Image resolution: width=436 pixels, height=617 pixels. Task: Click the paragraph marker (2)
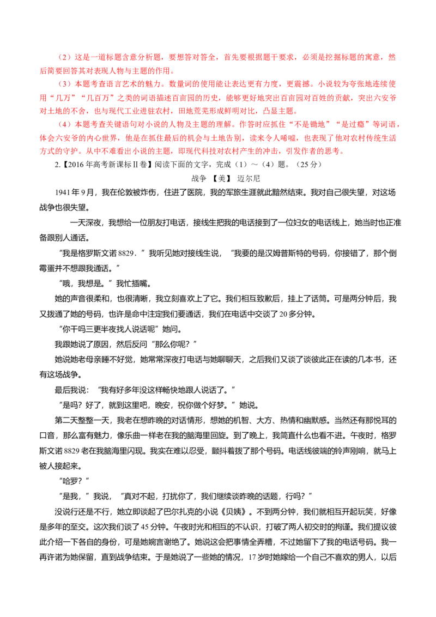point(64,57)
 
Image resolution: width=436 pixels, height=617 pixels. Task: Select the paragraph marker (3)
point(64,84)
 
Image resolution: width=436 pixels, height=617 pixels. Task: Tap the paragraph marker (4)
point(64,124)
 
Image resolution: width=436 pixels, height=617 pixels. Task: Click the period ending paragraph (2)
point(173,70)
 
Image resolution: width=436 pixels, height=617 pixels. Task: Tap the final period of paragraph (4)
point(343,152)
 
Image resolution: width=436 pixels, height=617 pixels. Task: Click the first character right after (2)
point(78,57)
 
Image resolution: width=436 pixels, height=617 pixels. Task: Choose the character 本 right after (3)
point(78,84)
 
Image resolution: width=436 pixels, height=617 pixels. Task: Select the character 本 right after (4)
point(78,124)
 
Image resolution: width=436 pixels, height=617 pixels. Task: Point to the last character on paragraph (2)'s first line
point(393,57)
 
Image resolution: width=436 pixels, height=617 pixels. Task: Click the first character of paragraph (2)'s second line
point(43,70)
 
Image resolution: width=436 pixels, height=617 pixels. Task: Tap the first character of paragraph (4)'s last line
point(43,152)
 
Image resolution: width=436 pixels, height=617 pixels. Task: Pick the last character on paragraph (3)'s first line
point(393,84)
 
